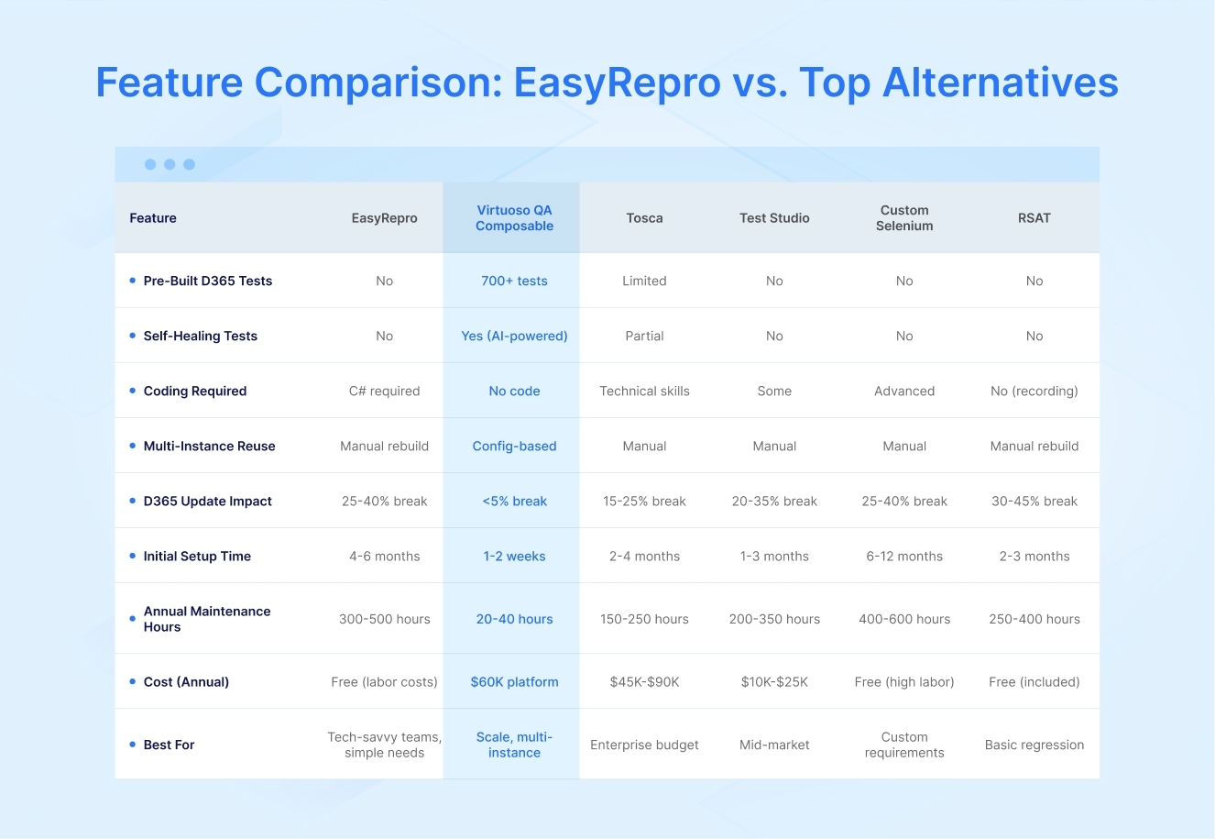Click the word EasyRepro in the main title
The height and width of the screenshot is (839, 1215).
point(617,83)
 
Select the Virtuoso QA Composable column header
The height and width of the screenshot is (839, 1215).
point(514,218)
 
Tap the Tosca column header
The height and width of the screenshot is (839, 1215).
point(644,218)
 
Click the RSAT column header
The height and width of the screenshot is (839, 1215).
point(1034,218)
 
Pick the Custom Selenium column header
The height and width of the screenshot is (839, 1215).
point(903,218)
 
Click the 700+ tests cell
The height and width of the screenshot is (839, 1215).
point(514,282)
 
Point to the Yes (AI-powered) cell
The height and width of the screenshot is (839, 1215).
point(514,337)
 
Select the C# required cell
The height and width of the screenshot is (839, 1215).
point(384,392)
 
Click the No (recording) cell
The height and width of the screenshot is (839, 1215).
point(1034,392)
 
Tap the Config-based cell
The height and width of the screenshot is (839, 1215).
point(514,447)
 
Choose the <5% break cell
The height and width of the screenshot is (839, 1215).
point(514,502)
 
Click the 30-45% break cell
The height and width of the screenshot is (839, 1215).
point(1034,502)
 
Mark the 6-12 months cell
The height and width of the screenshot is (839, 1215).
point(903,557)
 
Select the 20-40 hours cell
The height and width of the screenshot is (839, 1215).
point(514,620)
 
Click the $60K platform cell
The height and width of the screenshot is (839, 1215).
point(514,682)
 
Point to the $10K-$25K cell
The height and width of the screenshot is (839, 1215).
point(774,682)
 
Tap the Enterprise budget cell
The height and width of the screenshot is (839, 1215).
point(644,745)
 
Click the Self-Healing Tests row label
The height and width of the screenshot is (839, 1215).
point(200,337)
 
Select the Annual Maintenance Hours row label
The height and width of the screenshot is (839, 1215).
point(206,620)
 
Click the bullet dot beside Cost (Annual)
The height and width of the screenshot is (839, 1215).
point(133,682)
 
